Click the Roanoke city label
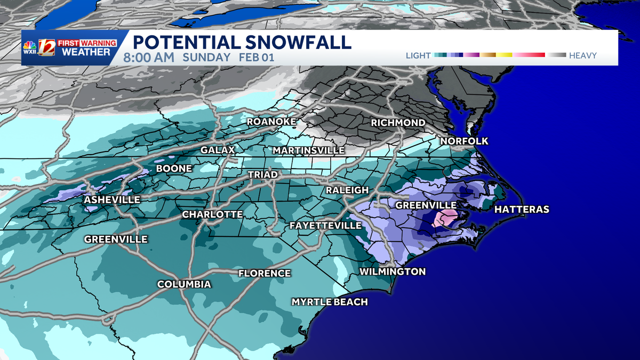(271, 122)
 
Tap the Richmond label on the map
(398, 123)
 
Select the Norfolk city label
(464, 141)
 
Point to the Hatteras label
(521, 210)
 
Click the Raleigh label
(347, 190)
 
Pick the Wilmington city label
(393, 272)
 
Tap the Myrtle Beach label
(330, 302)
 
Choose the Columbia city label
(184, 284)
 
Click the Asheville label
(112, 200)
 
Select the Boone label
(173, 169)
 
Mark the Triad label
(262, 175)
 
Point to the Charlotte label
(212, 214)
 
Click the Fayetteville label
(325, 226)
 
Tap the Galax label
(218, 150)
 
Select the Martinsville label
(308, 151)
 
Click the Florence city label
(265, 273)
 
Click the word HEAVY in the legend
(582, 55)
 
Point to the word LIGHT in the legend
(418, 55)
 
